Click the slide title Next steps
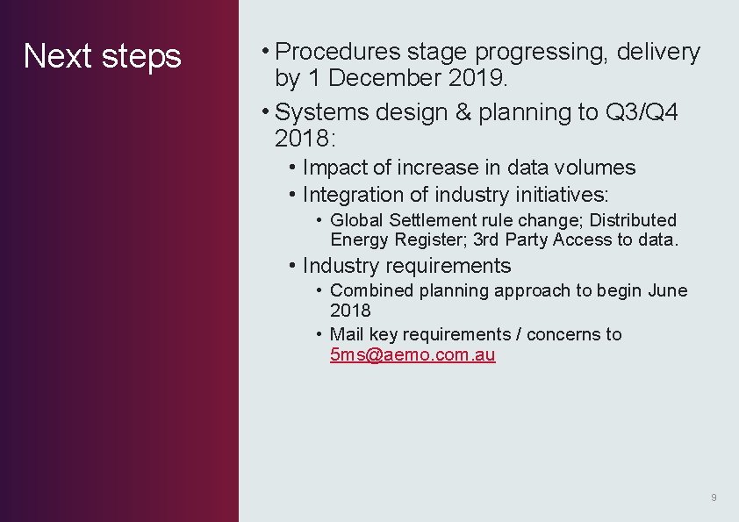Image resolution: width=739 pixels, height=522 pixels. (102, 56)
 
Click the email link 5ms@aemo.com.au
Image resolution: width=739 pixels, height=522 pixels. (413, 355)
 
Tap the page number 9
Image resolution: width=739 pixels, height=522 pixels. (714, 497)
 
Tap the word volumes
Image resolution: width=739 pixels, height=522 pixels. (594, 168)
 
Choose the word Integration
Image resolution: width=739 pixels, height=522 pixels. (352, 195)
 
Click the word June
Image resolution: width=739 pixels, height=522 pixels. (667, 290)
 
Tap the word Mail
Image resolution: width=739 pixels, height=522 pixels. (347, 334)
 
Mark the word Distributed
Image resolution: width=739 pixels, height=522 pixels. (633, 220)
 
